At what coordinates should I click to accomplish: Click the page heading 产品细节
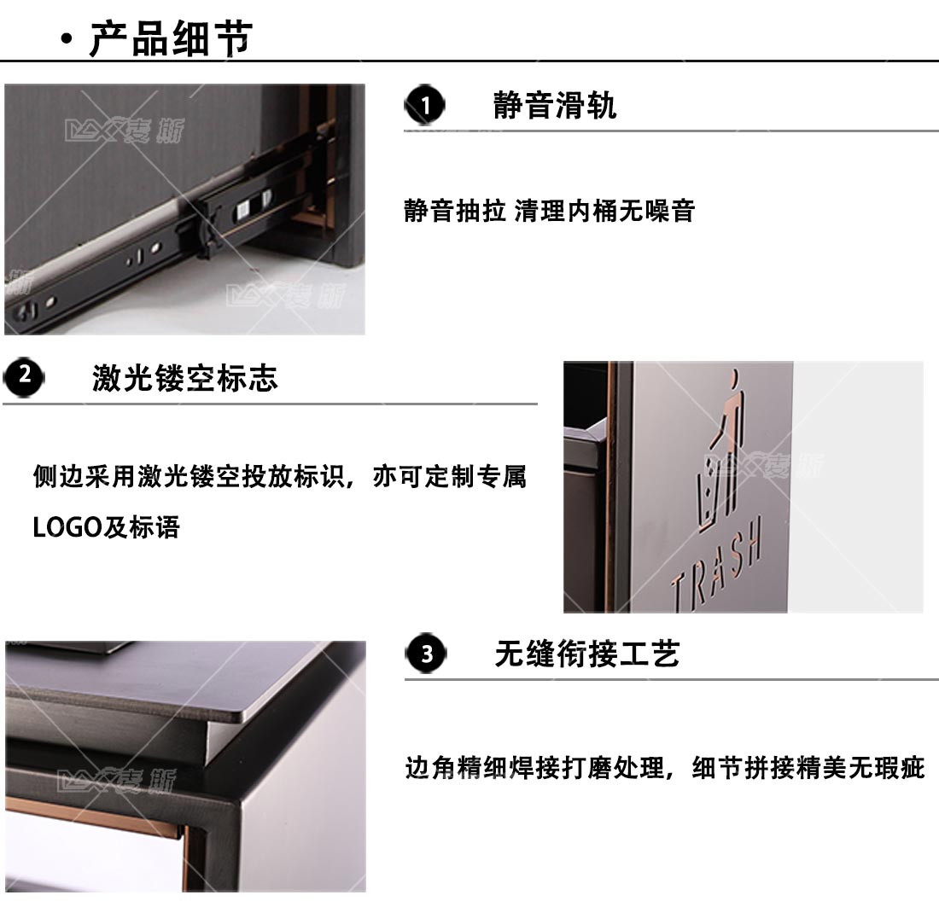click(171, 39)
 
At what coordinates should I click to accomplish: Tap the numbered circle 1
click(424, 105)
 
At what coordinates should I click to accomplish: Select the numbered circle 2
click(24, 377)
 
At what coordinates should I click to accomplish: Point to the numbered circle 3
click(426, 654)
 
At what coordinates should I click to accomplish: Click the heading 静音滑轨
click(555, 105)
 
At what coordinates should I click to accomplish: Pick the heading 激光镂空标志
click(185, 378)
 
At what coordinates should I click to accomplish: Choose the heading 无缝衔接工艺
click(587, 654)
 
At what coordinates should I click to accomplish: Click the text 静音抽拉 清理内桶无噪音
click(549, 211)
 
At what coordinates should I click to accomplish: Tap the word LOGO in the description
click(67, 527)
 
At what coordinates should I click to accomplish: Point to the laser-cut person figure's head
click(733, 376)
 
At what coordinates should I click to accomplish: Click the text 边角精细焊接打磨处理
click(534, 768)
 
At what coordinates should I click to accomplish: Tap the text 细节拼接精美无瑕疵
click(808, 768)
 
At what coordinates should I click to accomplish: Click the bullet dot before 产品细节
click(67, 39)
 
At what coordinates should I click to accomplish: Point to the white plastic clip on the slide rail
click(244, 210)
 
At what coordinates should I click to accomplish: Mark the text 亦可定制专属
click(449, 477)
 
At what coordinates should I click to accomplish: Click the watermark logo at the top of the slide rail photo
click(125, 130)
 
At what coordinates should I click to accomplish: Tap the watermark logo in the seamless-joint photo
click(118, 781)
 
